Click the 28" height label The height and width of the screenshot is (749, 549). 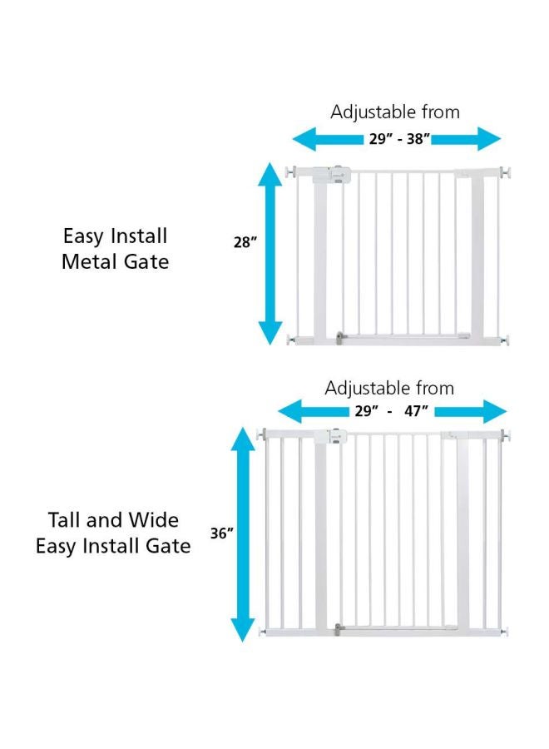(x=245, y=242)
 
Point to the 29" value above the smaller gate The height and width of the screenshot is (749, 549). (x=381, y=139)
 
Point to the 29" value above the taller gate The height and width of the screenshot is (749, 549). (x=362, y=411)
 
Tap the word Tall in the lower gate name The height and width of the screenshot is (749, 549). (x=65, y=520)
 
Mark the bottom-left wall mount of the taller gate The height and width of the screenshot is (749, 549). (x=265, y=632)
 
